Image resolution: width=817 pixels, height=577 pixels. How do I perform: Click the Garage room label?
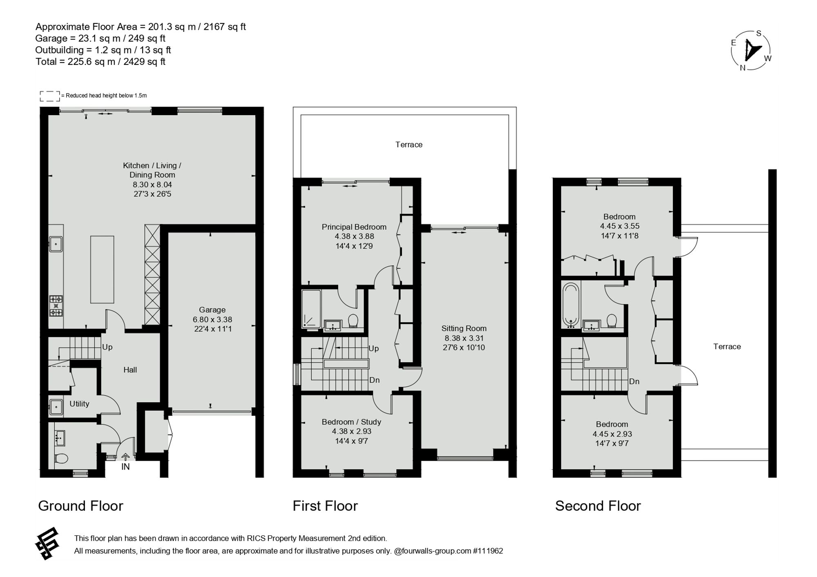point(212,310)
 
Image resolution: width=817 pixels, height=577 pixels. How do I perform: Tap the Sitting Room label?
point(464,328)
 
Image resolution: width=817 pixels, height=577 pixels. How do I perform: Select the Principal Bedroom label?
point(354,227)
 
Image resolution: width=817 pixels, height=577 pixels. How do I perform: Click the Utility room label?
point(79,404)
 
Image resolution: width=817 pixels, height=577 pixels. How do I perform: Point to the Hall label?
point(130,370)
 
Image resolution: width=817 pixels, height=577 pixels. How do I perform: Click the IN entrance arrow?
point(125,457)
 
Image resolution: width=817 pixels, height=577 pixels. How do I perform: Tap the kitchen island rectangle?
point(102,270)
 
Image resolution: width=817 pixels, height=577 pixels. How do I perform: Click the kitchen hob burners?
point(56,306)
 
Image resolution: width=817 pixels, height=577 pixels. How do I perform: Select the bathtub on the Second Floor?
point(571,305)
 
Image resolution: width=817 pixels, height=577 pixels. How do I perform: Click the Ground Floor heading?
point(80,506)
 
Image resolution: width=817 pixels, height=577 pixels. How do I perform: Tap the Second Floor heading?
point(598,506)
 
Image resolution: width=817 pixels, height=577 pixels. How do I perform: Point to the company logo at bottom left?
point(47,544)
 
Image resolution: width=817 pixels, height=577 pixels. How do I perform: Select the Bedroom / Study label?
point(351,422)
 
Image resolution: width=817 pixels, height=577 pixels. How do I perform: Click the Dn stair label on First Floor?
point(374,380)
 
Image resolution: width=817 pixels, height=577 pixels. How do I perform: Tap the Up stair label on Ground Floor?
point(107,347)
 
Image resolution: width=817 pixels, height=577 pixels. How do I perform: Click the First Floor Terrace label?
point(409,145)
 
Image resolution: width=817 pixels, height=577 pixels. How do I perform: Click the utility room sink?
point(56,407)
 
